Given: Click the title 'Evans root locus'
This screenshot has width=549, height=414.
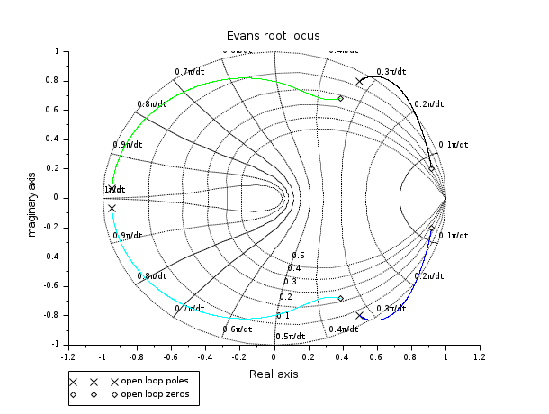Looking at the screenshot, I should (274, 35).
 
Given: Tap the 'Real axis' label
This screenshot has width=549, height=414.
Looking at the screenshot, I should (274, 373).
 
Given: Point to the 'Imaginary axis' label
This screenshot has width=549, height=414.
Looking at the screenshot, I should (32, 197).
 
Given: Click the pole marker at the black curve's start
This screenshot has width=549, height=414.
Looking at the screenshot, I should (360, 81).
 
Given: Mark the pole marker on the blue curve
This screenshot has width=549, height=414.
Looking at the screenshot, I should (360, 315).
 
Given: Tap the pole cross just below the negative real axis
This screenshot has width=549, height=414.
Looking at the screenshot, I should (112, 209).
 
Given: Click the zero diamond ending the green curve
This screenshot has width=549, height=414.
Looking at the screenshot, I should (340, 98).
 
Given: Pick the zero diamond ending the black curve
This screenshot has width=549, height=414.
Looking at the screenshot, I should (431, 168).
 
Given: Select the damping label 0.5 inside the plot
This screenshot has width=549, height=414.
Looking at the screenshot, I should (298, 256).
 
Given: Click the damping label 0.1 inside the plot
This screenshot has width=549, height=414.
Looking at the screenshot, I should (283, 316).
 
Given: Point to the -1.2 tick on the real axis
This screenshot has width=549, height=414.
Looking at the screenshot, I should (68, 356).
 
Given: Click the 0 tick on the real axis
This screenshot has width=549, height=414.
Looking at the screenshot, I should (274, 356).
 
